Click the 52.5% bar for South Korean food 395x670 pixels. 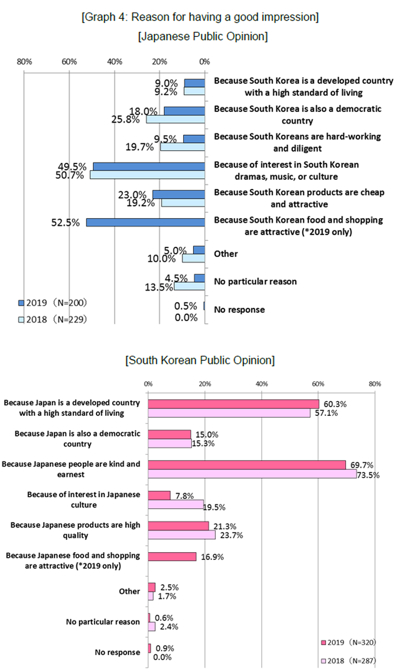[145, 223]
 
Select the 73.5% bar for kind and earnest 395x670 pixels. [252, 474]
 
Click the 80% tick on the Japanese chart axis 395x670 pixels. [24, 62]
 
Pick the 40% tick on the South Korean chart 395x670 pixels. [262, 383]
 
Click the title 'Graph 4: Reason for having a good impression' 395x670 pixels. [200, 18]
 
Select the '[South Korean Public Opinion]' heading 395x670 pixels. [200, 360]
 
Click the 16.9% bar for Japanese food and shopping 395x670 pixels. [172, 557]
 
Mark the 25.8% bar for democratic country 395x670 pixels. [175, 120]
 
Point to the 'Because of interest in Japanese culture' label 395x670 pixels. [83, 499]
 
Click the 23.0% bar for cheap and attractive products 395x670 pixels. [179, 194]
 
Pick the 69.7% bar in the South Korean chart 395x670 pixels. [247, 465]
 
